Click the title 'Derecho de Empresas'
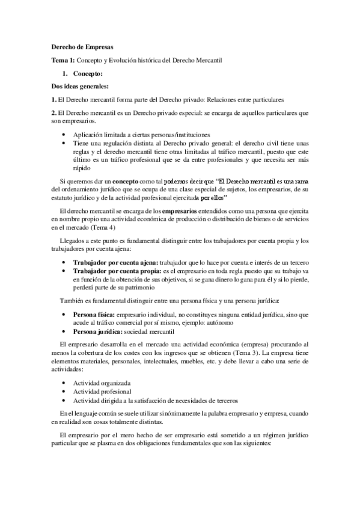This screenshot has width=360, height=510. (x=78, y=47)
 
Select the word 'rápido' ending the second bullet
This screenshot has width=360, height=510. (x=83, y=168)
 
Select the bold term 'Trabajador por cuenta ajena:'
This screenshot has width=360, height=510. (x=116, y=263)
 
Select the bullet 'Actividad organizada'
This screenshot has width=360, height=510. (x=102, y=382)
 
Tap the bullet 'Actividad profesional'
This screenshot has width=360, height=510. (x=102, y=392)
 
